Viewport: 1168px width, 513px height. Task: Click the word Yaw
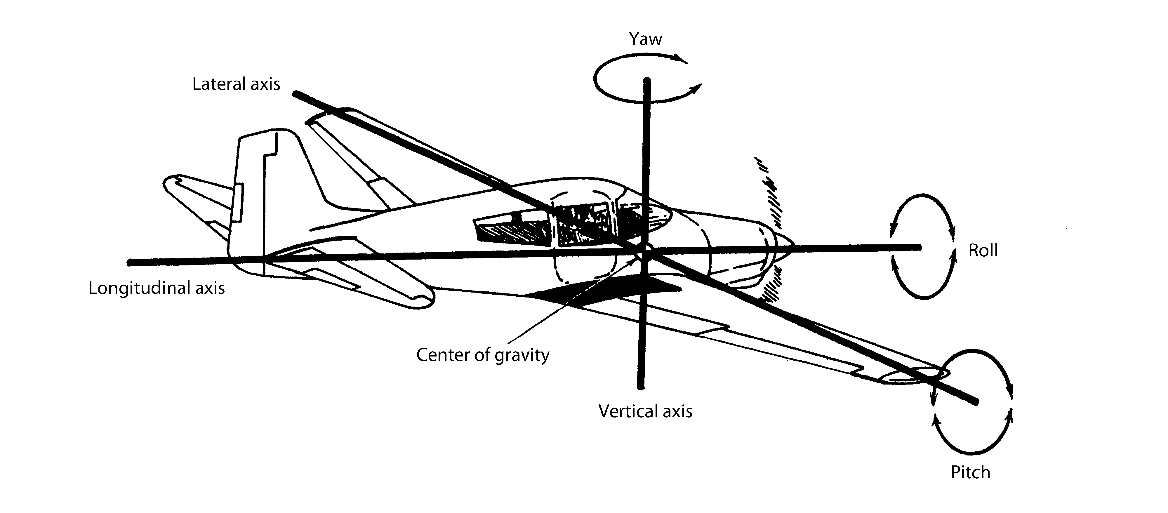tap(645, 39)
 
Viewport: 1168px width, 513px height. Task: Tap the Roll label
tap(983, 250)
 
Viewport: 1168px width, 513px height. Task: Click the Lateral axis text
tap(236, 84)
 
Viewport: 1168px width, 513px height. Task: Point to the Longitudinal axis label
tap(157, 288)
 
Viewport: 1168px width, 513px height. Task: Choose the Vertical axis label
tap(645, 411)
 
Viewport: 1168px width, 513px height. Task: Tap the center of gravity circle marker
tap(644, 252)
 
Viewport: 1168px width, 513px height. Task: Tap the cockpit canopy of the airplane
tap(590, 218)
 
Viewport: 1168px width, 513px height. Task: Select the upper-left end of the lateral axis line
tap(296, 94)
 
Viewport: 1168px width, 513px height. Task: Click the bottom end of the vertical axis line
tap(641, 387)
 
